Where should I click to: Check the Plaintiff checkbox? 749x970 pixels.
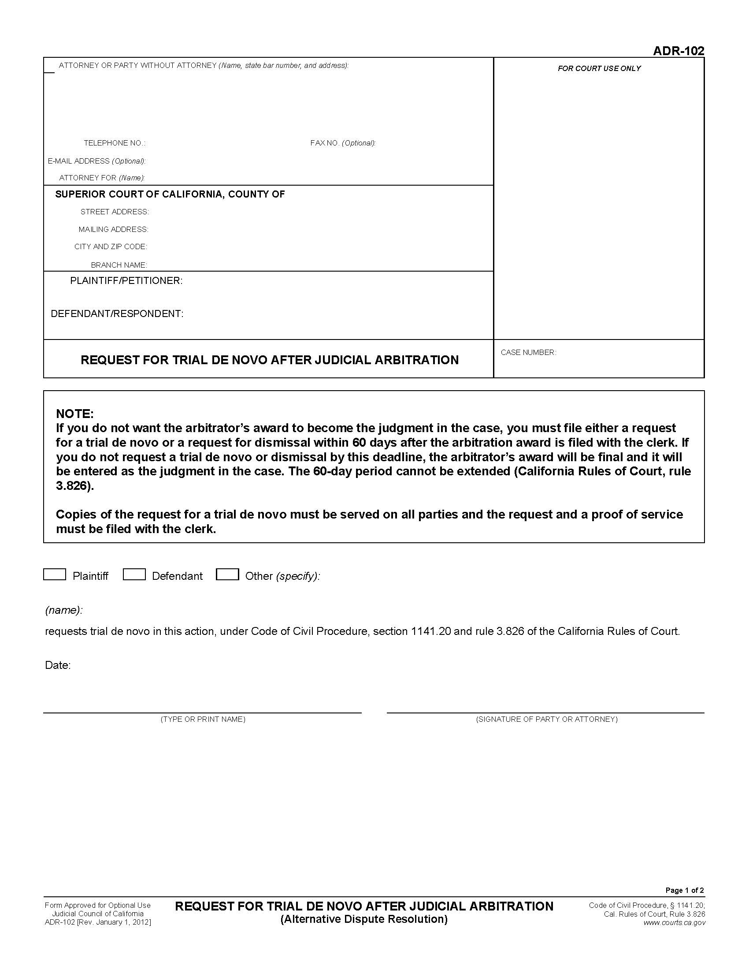(x=55, y=574)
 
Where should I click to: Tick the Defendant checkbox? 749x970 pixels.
(x=134, y=574)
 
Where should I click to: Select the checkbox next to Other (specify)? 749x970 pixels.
(x=227, y=574)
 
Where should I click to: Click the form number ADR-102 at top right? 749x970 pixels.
(x=678, y=51)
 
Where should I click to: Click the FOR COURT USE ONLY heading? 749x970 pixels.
(x=599, y=68)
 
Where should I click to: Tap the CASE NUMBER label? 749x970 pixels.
(x=528, y=352)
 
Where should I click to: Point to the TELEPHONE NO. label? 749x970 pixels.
(x=115, y=143)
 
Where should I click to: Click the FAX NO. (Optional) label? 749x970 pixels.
(x=342, y=143)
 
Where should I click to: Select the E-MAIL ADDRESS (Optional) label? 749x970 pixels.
(x=96, y=161)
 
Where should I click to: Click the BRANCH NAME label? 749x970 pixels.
(x=119, y=265)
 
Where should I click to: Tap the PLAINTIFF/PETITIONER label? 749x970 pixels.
(x=126, y=281)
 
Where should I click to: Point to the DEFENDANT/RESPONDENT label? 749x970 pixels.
(x=117, y=313)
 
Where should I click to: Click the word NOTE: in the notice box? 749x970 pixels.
(x=74, y=414)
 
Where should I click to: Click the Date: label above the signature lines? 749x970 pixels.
(x=58, y=665)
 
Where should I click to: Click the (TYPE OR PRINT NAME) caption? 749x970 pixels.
(x=203, y=719)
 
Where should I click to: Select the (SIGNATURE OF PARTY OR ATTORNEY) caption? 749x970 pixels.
(x=546, y=719)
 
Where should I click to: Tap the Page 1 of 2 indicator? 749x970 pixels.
(x=684, y=890)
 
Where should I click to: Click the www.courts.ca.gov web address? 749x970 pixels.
(x=674, y=922)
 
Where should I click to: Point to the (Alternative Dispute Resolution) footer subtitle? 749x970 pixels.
(x=364, y=919)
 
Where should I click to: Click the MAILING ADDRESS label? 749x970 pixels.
(x=113, y=229)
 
